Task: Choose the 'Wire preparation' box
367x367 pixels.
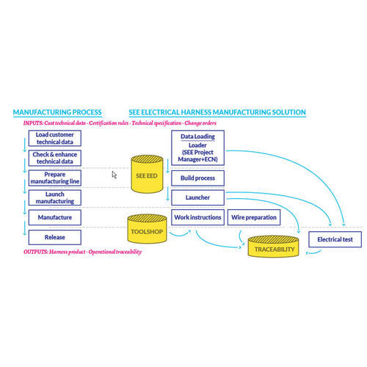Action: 254,218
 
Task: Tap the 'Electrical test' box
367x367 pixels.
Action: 335,239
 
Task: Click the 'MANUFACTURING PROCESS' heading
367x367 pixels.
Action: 57,112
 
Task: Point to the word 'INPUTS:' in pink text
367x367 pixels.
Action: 36,123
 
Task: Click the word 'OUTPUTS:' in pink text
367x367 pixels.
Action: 38,252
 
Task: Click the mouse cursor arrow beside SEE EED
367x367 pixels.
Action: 114,175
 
